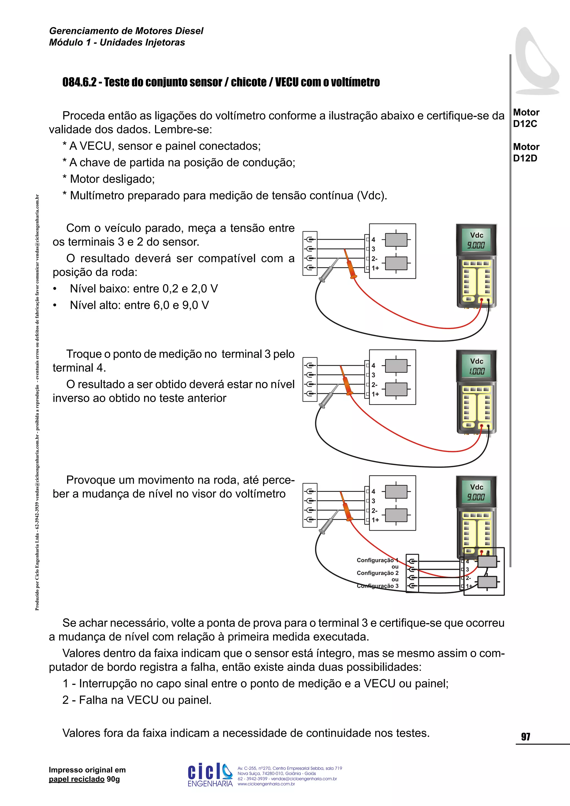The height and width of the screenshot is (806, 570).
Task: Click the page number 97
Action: pyautogui.click(x=525, y=736)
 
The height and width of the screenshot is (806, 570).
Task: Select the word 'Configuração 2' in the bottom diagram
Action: pyautogui.click(x=377, y=573)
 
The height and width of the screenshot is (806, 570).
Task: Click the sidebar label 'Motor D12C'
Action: pyautogui.click(x=526, y=118)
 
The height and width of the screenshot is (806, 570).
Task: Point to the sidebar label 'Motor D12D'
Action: pyautogui.click(x=526, y=152)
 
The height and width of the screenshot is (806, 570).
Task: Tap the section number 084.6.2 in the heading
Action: pyautogui.click(x=79, y=82)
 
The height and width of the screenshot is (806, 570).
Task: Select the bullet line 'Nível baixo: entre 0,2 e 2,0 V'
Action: pyautogui.click(x=144, y=289)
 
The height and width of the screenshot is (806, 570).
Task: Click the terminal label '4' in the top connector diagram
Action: pyautogui.click(x=374, y=239)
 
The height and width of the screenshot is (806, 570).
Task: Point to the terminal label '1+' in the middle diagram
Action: pyautogui.click(x=375, y=394)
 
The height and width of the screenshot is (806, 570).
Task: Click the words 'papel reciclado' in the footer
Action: pyautogui.click(x=77, y=779)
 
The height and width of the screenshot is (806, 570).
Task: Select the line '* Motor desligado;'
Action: pyautogui.click(x=109, y=179)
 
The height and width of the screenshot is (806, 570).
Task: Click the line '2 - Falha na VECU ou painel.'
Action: pyautogui.click(x=137, y=700)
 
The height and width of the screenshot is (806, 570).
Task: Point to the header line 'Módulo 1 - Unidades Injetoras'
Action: pyautogui.click(x=117, y=43)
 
